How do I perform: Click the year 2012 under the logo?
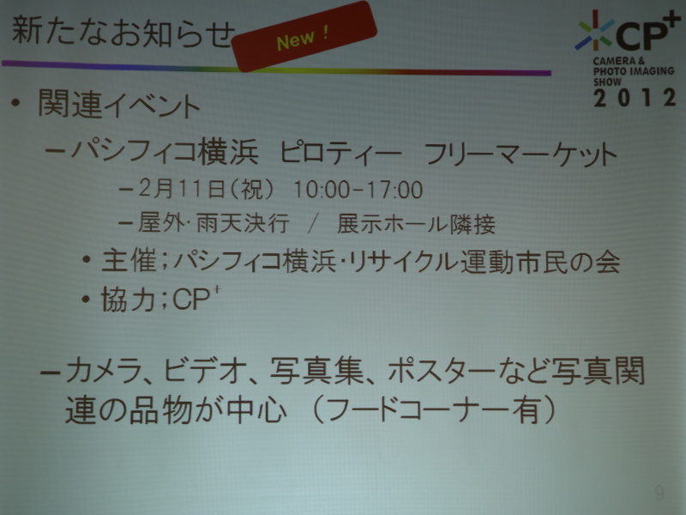pyautogui.click(x=635, y=97)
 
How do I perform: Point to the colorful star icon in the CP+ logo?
pyautogui.click(x=593, y=31)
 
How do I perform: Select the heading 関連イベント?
pyautogui.click(x=119, y=106)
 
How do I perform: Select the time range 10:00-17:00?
pyautogui.click(x=358, y=190)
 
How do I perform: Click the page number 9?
pyautogui.click(x=659, y=492)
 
